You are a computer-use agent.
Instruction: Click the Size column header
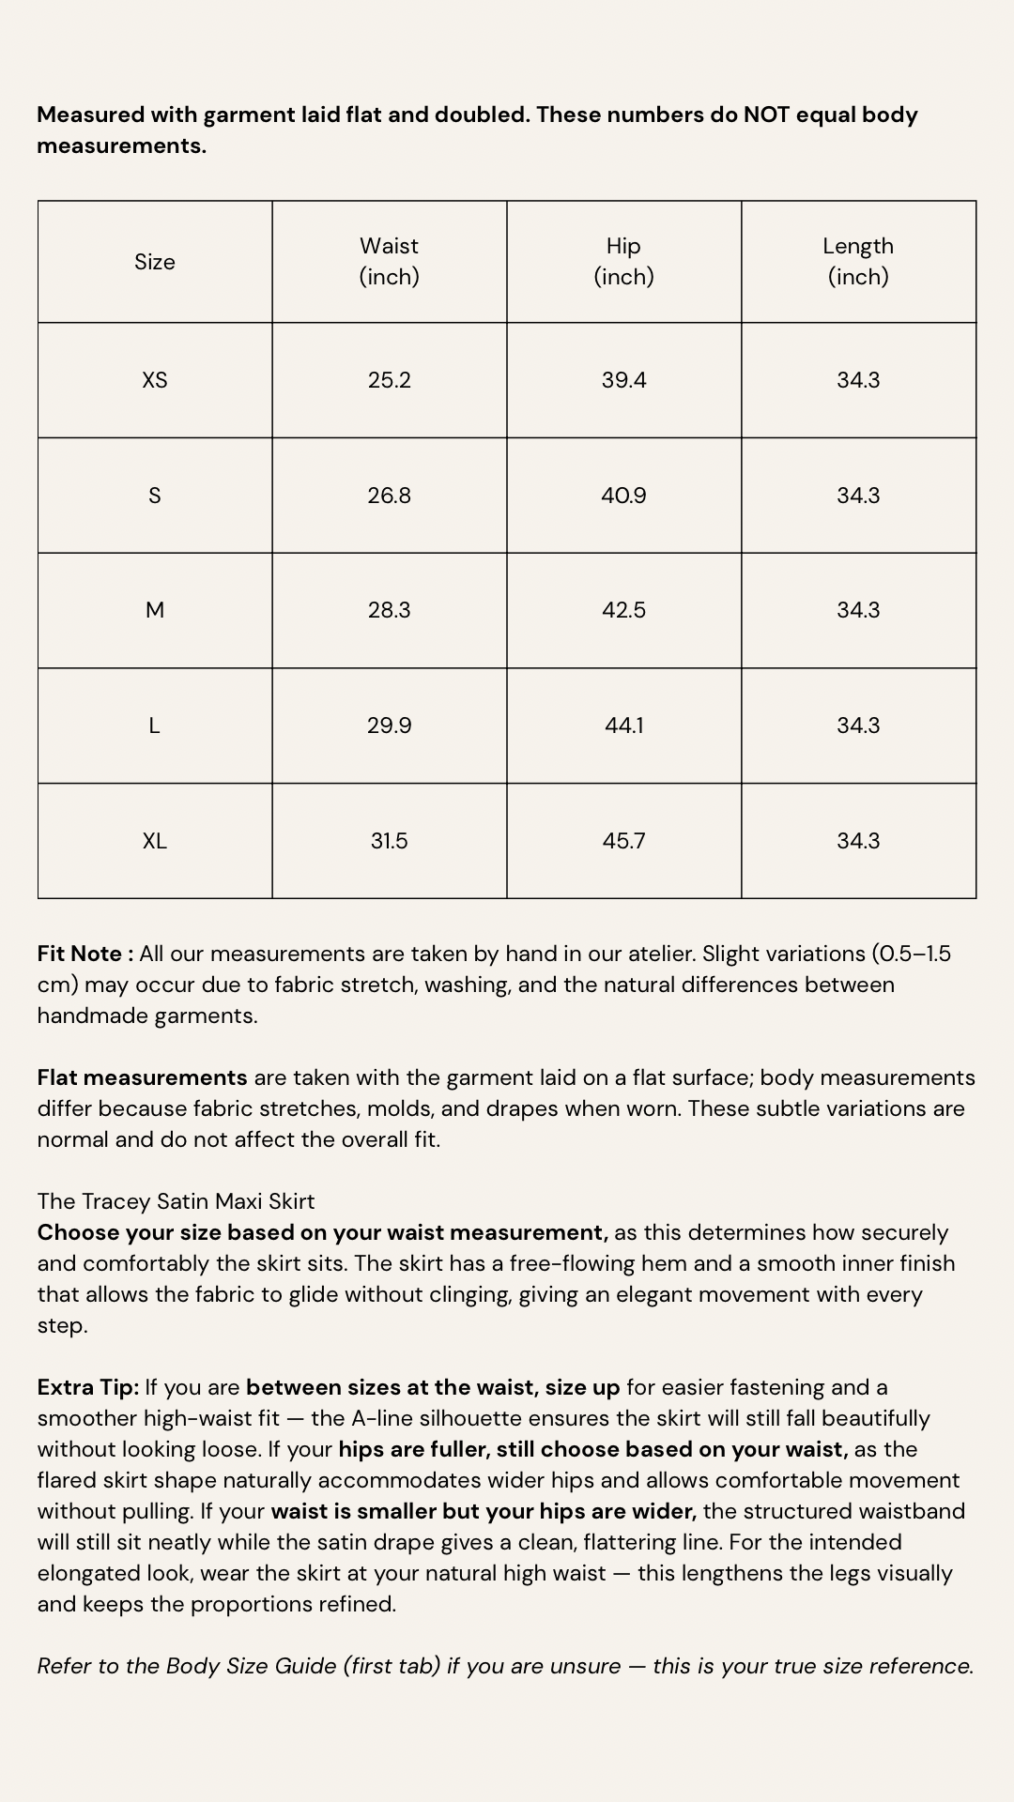[x=155, y=262]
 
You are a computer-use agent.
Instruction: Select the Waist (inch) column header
[x=390, y=261]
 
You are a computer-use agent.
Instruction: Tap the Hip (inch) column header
[x=624, y=261]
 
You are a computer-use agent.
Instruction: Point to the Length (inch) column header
[x=858, y=261]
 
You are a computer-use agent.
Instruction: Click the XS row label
[x=155, y=380]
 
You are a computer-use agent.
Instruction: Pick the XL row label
[x=155, y=841]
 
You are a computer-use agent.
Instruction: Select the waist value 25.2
[x=390, y=380]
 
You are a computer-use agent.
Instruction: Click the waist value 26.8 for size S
[x=390, y=496]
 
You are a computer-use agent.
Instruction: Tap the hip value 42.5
[x=624, y=610]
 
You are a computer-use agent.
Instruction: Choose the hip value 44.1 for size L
[x=624, y=725]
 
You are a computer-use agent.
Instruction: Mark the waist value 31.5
[x=390, y=841]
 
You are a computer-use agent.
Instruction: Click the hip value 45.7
[x=624, y=841]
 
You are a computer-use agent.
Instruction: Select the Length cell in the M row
[x=858, y=610]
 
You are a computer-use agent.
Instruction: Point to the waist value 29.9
[x=390, y=725]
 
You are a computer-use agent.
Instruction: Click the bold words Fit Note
[x=81, y=954]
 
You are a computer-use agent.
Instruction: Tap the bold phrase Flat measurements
[x=142, y=1077]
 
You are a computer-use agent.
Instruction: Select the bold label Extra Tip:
[x=88, y=1387]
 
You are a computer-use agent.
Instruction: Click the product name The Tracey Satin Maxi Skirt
[x=176, y=1201]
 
